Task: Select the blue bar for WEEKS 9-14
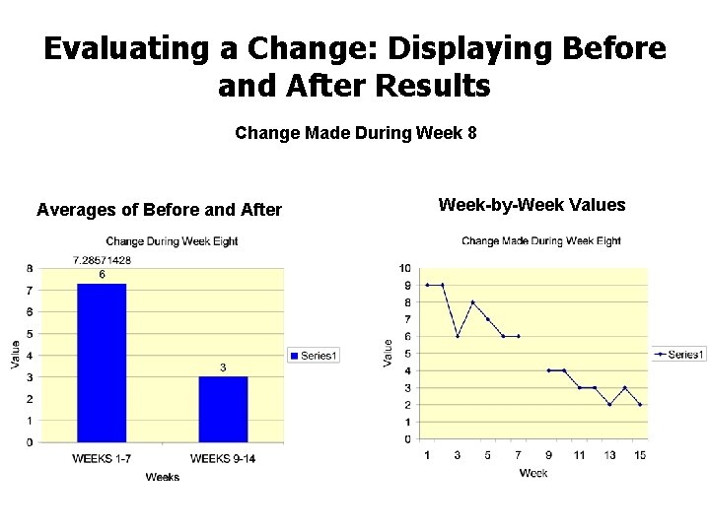point(223,409)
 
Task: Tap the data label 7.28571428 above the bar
point(103,260)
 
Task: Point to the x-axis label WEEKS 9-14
point(223,458)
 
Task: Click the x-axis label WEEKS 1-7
point(102,458)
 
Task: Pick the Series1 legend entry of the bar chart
point(314,355)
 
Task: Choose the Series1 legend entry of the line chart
point(679,354)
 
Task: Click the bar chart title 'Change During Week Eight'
point(172,241)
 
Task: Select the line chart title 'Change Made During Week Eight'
point(541,240)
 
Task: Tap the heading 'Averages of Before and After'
point(159,209)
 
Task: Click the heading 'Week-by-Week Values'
point(532,205)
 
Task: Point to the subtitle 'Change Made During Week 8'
point(356,132)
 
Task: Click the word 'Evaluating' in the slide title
point(139,48)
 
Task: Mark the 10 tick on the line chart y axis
point(405,268)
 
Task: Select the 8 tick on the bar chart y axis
point(30,268)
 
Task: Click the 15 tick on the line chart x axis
point(640,454)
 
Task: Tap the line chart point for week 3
point(458,336)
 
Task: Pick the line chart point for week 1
point(427,285)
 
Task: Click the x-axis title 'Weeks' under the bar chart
point(162,477)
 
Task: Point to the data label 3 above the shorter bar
point(223,367)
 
